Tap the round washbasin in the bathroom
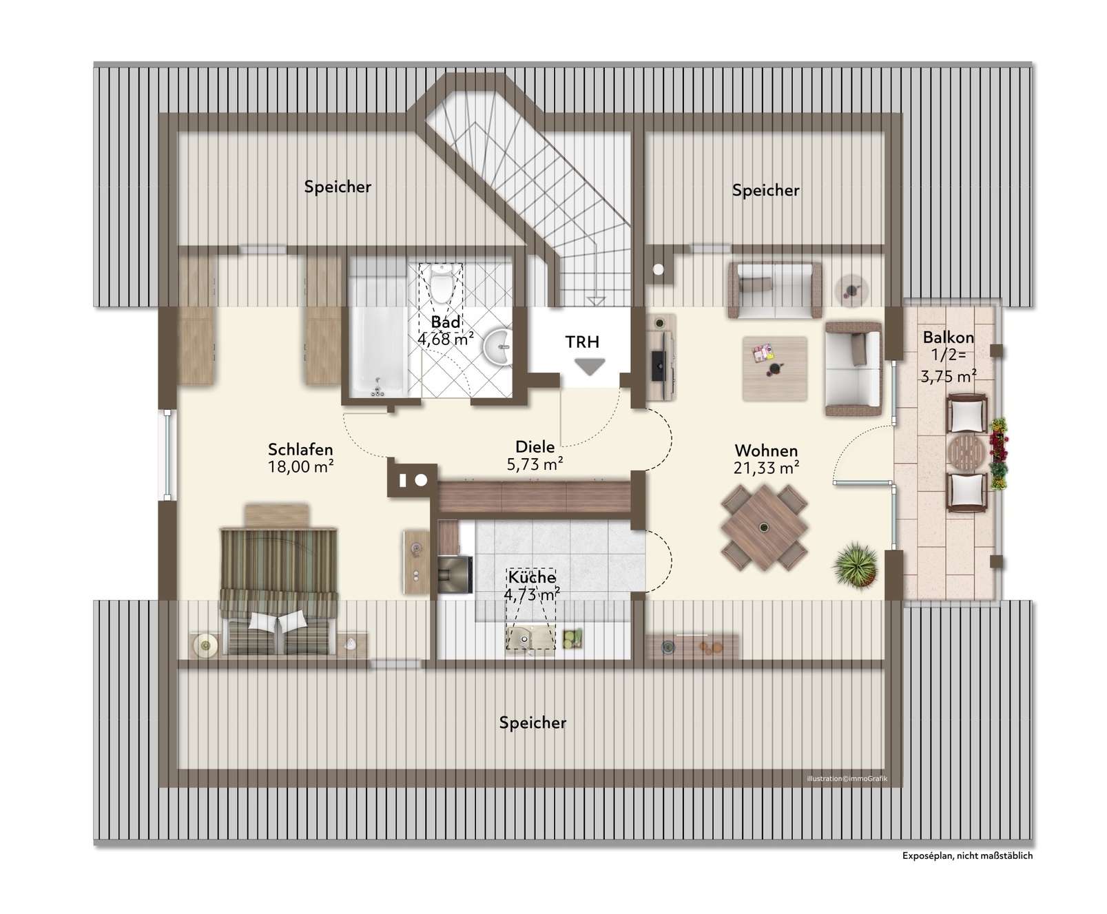497,348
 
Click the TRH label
583,342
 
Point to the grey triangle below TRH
590,367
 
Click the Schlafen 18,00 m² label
301,458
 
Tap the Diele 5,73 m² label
535,455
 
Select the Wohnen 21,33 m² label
767,459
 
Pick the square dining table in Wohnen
764,528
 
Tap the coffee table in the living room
775,368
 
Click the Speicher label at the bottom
532,723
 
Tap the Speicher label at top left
338,187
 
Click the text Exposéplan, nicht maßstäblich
967,856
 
